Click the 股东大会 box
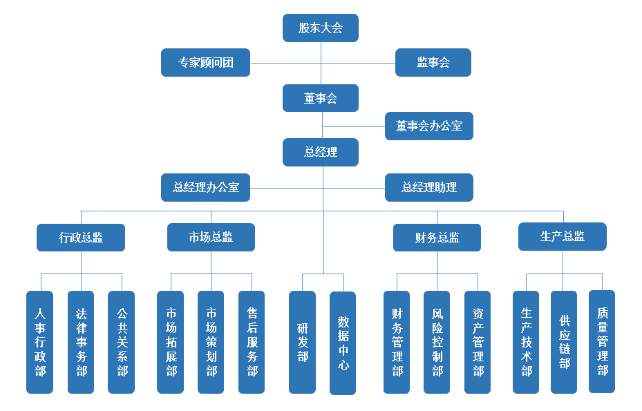pyautogui.click(x=321, y=28)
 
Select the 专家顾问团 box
pyautogui.click(x=205, y=62)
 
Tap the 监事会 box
pyautogui.click(x=433, y=62)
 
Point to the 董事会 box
pyautogui.click(x=321, y=98)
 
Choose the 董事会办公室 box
pyautogui.click(x=429, y=126)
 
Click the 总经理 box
pyautogui.click(x=321, y=152)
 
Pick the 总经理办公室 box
pyautogui.click(x=205, y=187)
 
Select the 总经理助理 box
pyautogui.click(x=429, y=187)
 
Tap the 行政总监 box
pyautogui.click(x=81, y=238)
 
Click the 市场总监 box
pyautogui.click(x=211, y=237)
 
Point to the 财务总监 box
pyautogui.click(x=437, y=238)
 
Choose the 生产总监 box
pyautogui.click(x=563, y=236)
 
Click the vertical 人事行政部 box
pyautogui.click(x=40, y=342)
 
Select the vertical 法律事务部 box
pyautogui.click(x=81, y=342)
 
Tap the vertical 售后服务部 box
pyautogui.click(x=252, y=342)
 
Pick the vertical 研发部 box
pyautogui.click(x=302, y=342)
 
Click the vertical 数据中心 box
pyautogui.click(x=343, y=343)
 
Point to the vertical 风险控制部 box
pyautogui.click(x=437, y=342)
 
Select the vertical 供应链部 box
pyautogui.click(x=564, y=342)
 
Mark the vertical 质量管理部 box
pyautogui.click(x=602, y=341)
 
